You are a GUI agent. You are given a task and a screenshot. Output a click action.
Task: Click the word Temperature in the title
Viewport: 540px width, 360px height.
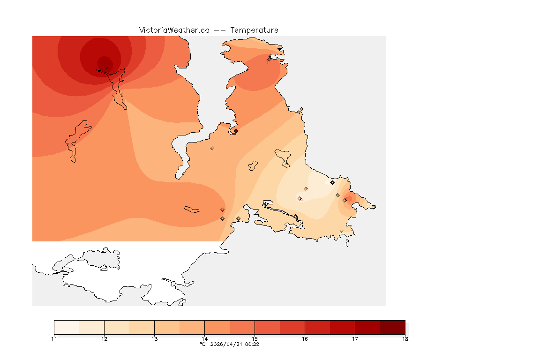255,30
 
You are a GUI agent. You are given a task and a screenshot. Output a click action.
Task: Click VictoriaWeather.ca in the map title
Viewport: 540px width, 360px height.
174,30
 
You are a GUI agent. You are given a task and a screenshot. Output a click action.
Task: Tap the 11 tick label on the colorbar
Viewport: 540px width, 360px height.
54,339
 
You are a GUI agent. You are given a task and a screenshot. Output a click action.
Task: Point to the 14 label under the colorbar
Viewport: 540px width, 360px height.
204,339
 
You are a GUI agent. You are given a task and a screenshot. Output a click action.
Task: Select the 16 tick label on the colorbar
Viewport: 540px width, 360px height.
305,339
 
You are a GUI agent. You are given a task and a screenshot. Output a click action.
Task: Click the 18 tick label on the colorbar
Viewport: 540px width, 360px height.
405,339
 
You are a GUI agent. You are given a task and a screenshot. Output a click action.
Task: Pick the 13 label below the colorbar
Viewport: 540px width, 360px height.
154,339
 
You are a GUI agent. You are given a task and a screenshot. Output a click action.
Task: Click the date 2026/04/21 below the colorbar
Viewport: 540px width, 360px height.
229,344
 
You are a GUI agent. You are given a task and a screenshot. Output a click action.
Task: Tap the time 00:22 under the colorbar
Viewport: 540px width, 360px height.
253,344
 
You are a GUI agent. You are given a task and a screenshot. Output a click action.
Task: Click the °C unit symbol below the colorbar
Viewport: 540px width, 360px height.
202,344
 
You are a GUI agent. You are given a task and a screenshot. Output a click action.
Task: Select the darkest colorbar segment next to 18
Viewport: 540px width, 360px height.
392,327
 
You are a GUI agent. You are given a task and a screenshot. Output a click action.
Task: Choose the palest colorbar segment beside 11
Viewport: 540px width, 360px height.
67,327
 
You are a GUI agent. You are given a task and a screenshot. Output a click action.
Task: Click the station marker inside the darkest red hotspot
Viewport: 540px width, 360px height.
108,68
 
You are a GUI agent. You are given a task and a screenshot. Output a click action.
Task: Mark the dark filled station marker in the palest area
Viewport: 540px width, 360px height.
332,182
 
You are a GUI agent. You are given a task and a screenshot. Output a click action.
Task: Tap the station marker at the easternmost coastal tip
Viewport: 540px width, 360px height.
374,207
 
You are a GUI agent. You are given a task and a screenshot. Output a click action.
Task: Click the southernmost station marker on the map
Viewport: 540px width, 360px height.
341,231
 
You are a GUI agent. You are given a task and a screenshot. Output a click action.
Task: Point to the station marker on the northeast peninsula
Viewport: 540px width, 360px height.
269,59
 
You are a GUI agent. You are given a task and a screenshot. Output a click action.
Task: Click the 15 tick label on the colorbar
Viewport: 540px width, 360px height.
255,339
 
